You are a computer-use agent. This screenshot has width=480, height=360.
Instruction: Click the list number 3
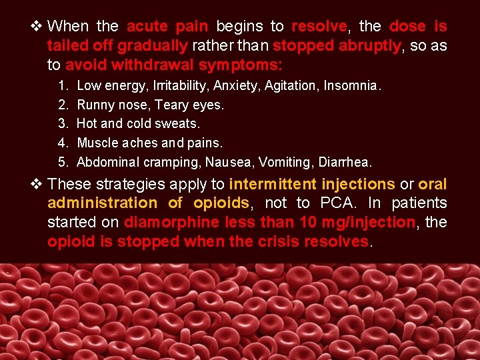click(63, 124)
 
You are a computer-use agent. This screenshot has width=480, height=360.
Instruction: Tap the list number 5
click(63, 162)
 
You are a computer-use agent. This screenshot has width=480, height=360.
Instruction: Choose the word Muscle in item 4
click(97, 143)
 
